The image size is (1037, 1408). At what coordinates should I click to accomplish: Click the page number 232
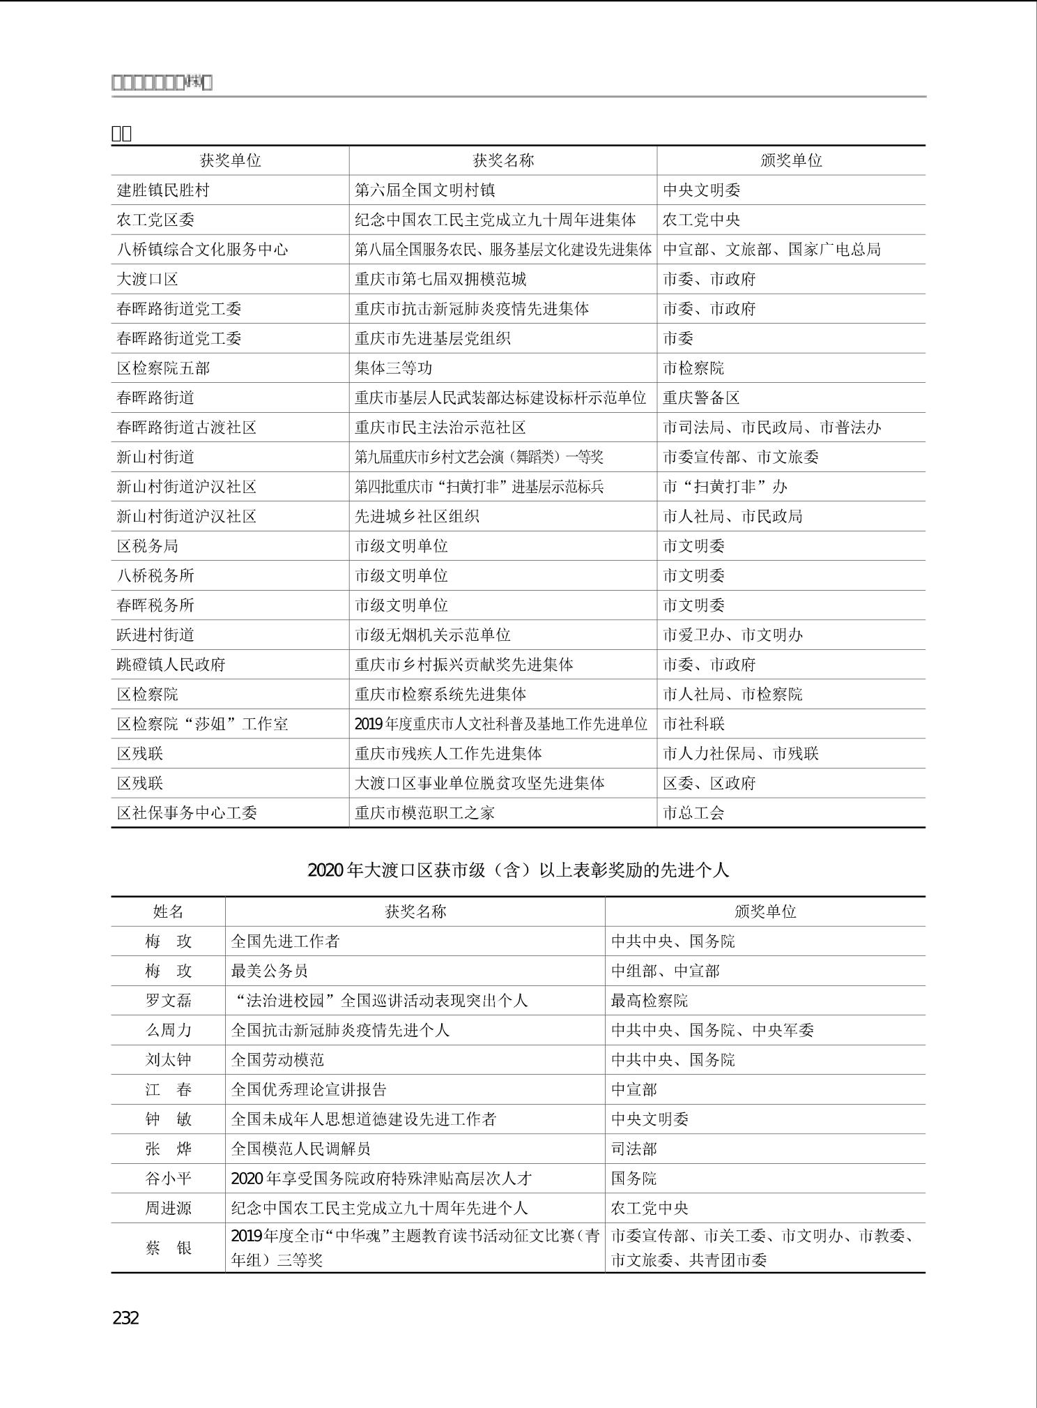(x=125, y=1317)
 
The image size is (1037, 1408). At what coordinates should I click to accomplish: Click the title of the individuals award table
(x=518, y=870)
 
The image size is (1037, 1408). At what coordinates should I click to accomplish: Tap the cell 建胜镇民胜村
(x=163, y=190)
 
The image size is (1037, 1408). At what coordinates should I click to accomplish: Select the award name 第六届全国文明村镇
(x=425, y=190)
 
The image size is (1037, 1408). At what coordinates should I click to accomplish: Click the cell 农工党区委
(x=155, y=220)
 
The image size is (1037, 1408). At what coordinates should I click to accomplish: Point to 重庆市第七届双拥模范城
(x=440, y=279)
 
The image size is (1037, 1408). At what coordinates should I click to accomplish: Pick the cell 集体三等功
(x=394, y=368)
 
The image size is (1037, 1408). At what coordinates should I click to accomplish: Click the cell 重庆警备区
(x=701, y=398)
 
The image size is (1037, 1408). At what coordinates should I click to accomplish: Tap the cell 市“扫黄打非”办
(x=725, y=487)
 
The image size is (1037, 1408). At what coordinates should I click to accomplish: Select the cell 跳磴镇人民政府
(x=171, y=665)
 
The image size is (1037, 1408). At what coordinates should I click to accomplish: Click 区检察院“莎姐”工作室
(x=202, y=724)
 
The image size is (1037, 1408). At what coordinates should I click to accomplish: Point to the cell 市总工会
(x=693, y=812)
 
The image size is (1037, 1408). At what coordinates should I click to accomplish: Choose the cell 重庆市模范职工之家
(x=424, y=812)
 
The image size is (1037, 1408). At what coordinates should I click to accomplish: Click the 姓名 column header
(x=168, y=911)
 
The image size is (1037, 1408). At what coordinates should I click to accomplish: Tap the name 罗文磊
(x=168, y=1000)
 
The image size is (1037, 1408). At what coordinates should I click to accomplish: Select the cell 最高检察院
(x=650, y=1000)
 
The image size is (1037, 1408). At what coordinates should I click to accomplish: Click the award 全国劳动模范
(x=277, y=1059)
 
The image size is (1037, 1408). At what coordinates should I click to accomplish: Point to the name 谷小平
(x=168, y=1178)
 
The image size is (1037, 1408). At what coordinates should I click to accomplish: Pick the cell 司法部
(x=634, y=1149)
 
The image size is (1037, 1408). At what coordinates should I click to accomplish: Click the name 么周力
(x=168, y=1030)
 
